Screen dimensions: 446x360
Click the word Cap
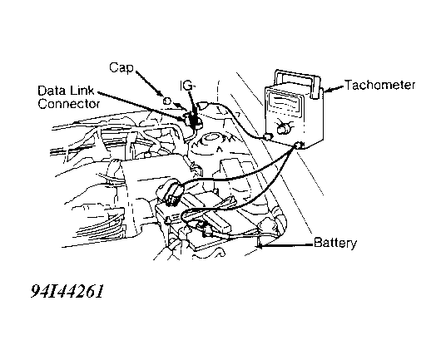(121, 68)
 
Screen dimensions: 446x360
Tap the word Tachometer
(380, 85)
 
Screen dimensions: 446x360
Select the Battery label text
(335, 244)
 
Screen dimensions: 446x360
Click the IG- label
(188, 86)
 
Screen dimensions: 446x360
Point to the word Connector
(69, 104)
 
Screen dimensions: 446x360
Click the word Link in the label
(82, 91)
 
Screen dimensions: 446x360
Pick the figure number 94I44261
(67, 291)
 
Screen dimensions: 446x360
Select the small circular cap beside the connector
(167, 101)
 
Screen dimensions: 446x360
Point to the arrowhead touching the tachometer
(327, 91)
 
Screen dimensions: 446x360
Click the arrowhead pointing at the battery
(260, 245)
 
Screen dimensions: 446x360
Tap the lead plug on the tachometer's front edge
(268, 136)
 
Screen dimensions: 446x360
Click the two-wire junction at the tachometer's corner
(298, 145)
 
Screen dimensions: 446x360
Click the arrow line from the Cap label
(149, 82)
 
